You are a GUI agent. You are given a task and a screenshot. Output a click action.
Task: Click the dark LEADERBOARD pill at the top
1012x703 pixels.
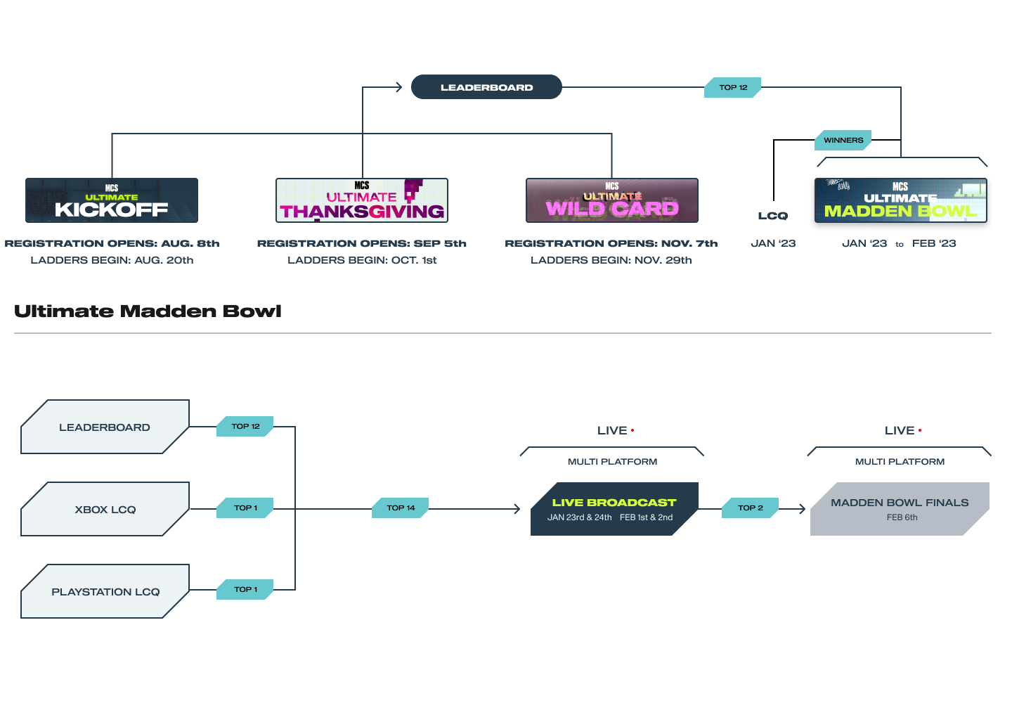tap(486, 87)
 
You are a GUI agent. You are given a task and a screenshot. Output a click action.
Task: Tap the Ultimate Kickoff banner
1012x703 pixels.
tap(112, 200)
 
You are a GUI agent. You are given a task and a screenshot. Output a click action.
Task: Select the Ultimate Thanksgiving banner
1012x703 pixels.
tap(362, 200)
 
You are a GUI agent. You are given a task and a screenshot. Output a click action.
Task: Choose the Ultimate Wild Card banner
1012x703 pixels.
tap(611, 200)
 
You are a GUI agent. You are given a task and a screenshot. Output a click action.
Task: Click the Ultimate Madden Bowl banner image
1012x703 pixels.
tap(900, 200)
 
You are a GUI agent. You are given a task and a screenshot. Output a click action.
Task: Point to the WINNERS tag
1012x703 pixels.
tap(843, 140)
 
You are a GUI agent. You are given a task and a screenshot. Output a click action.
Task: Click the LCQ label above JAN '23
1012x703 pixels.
tap(773, 216)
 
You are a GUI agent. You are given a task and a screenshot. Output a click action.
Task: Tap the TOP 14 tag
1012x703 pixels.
tap(401, 508)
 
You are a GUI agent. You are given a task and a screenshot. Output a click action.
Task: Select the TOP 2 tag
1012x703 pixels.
tap(751, 508)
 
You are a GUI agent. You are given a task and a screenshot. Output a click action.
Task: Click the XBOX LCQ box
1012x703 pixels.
tap(105, 509)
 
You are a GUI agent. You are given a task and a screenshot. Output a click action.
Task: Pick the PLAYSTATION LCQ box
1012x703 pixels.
tap(105, 591)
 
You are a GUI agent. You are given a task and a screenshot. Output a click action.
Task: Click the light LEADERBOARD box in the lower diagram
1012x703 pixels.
tap(105, 427)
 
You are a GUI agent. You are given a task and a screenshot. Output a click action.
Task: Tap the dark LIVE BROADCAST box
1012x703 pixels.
tap(614, 509)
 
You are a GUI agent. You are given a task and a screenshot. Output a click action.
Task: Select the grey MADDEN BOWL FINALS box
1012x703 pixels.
tap(900, 509)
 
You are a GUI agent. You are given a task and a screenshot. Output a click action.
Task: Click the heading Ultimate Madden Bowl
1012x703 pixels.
tap(148, 311)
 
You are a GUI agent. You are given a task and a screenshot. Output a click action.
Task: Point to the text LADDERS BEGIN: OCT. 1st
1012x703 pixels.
tap(362, 260)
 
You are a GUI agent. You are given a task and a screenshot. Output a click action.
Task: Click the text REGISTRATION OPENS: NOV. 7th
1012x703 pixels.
tap(611, 243)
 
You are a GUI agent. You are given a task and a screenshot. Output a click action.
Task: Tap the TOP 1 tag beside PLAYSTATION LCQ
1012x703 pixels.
tap(245, 590)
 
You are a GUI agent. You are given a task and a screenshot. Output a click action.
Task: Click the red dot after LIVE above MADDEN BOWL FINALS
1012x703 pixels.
tap(920, 430)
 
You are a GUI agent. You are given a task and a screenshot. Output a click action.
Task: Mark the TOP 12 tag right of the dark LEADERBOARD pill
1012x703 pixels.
tap(733, 88)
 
